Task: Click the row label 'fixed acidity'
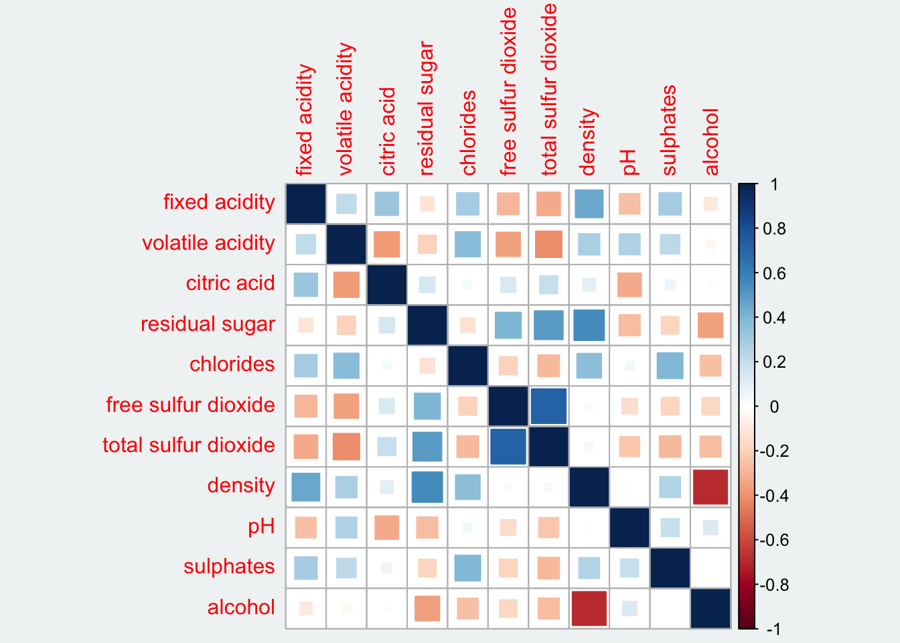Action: pyautogui.click(x=219, y=202)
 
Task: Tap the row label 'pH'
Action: pyautogui.click(x=261, y=526)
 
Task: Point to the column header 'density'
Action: pyautogui.click(x=588, y=141)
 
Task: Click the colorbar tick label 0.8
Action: pyautogui.click(x=774, y=228)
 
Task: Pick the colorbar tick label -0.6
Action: pyautogui.click(x=774, y=541)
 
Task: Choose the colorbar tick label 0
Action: pyautogui.click(x=774, y=407)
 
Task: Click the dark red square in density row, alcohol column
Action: pyautogui.click(x=710, y=487)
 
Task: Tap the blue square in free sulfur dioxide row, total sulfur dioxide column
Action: pyautogui.click(x=548, y=406)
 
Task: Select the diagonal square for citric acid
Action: pyautogui.click(x=387, y=285)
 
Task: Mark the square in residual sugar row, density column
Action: pyautogui.click(x=589, y=325)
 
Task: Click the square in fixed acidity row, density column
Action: pyautogui.click(x=589, y=204)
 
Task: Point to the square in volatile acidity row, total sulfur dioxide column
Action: pyautogui.click(x=548, y=244)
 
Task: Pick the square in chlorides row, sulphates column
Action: pyautogui.click(x=670, y=366)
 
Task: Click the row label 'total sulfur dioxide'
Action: pyautogui.click(x=189, y=445)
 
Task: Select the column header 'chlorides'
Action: pyautogui.click(x=468, y=133)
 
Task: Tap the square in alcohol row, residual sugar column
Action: pyautogui.click(x=427, y=608)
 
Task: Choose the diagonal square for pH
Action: pyautogui.click(x=629, y=527)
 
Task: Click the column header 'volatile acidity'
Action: pyautogui.click(x=346, y=109)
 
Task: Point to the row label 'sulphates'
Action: pyautogui.click(x=229, y=567)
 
